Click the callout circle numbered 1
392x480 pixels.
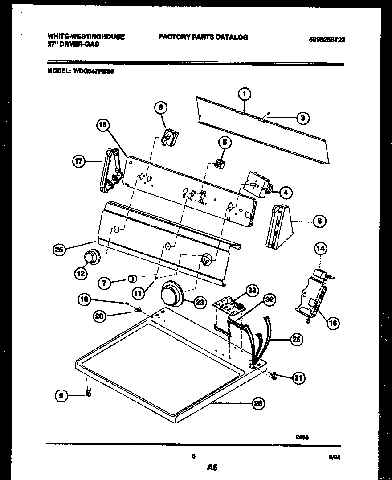[244, 94]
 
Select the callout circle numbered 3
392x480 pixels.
[302, 118]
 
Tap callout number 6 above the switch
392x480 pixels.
[161, 107]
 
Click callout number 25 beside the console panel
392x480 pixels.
[58, 250]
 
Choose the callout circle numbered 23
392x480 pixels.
[200, 303]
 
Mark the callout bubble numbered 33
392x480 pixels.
[252, 290]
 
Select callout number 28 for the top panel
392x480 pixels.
[257, 404]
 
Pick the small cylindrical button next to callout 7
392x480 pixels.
[132, 279]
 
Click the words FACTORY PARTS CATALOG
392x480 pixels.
[203, 37]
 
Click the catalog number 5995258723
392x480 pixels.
[327, 40]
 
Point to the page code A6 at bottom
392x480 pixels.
[212, 467]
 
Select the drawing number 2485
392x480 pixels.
[302, 437]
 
